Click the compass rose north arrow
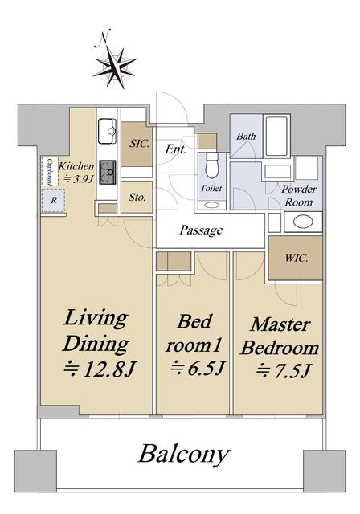[115, 67]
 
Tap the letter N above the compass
[104, 36]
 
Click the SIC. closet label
[139, 144]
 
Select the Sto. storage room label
[137, 198]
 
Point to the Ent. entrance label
[175, 149]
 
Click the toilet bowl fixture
[212, 166]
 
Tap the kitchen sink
[108, 131]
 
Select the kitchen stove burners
[108, 173]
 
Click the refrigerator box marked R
[53, 200]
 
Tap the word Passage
[201, 230]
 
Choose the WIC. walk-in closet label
[297, 258]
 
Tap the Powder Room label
[299, 195]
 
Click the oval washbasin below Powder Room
[303, 222]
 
